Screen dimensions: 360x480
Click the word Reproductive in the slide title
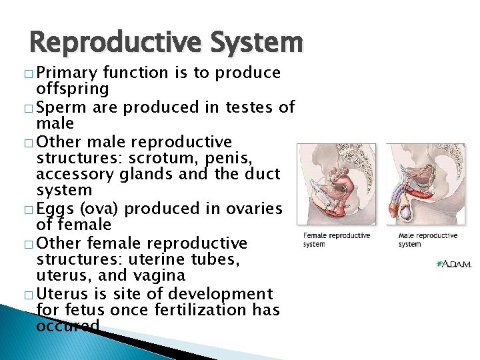107,43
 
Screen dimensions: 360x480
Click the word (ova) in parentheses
100,209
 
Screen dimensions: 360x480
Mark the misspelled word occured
69,326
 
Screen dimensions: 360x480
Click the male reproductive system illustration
427,184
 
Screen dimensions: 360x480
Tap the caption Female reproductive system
336,239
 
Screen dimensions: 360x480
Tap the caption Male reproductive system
427,239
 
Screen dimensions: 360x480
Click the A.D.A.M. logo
453,264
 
